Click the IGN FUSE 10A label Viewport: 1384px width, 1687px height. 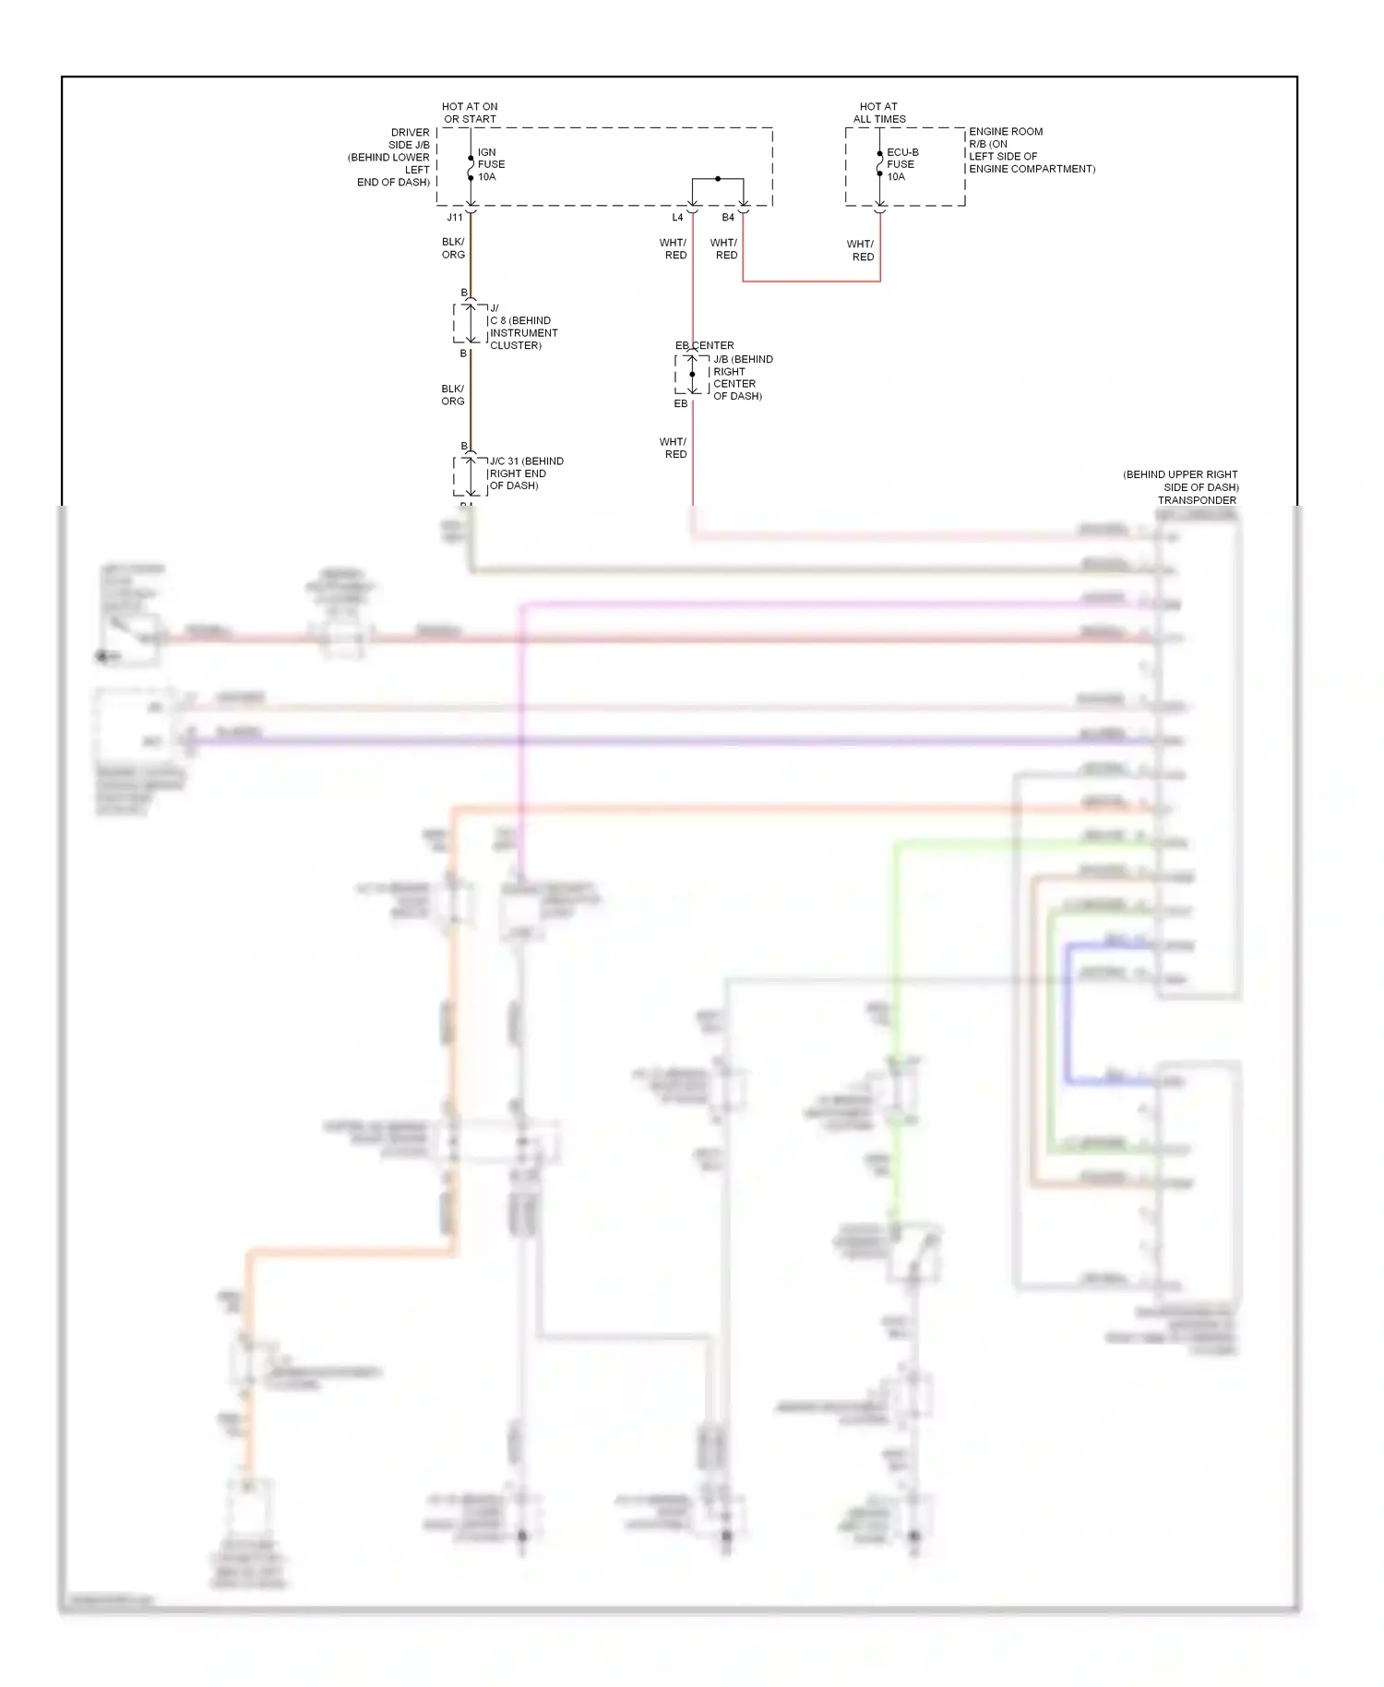pos(491,164)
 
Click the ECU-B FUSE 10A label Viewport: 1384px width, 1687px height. pos(901,164)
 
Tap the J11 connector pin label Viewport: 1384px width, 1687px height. pos(455,218)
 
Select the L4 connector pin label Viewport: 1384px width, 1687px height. pos(677,218)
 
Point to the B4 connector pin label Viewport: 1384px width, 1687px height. pos(728,218)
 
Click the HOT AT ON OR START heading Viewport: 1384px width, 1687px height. pos(470,113)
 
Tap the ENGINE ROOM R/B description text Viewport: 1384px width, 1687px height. pos(1031,150)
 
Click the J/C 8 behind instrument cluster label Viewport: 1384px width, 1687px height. pos(522,327)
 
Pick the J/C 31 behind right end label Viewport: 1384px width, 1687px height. pos(525,473)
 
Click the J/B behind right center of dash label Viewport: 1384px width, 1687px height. pos(742,377)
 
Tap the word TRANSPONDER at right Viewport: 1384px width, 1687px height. pos(1197,500)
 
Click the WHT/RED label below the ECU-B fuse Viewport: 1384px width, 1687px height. pos(862,251)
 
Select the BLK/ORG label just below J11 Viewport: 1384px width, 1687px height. pos(453,248)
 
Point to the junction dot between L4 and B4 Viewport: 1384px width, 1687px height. pos(718,177)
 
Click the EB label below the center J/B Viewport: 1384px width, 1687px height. pos(681,404)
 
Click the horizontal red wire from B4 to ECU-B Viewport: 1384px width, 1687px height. pos(812,281)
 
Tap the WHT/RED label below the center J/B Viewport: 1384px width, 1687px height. pos(674,449)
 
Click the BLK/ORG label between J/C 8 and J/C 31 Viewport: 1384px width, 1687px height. pos(453,395)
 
